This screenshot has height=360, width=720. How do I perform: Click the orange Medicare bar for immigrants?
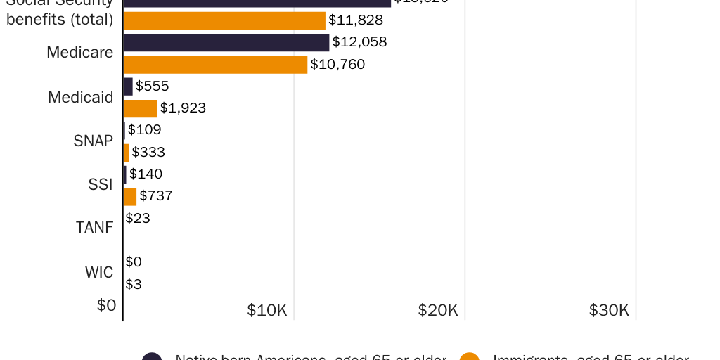click(x=215, y=65)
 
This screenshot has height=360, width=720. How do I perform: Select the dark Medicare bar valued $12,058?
click(x=226, y=42)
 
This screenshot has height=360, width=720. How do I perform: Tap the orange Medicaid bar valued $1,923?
click(x=140, y=108)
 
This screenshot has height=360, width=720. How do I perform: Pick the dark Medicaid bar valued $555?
click(x=128, y=86)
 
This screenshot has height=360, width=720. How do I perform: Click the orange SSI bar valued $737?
click(x=130, y=196)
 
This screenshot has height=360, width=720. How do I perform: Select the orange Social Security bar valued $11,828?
click(x=224, y=20)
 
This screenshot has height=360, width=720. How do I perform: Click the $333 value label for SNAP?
click(x=148, y=152)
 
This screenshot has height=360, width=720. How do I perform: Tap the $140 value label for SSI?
click(x=146, y=174)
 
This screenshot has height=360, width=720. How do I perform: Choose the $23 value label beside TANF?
click(x=138, y=218)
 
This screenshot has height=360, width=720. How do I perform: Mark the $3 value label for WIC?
click(x=134, y=284)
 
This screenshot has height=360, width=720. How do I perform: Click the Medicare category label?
click(x=79, y=52)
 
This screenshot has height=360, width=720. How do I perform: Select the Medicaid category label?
click(x=80, y=97)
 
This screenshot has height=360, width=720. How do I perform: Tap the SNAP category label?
click(x=93, y=141)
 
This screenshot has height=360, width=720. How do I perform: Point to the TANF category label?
click(x=94, y=228)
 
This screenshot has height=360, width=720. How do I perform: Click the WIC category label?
click(x=99, y=272)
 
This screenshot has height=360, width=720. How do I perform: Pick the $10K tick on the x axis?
click(x=267, y=310)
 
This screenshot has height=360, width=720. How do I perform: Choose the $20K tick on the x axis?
click(x=438, y=310)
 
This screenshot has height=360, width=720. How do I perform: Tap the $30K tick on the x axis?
click(x=609, y=310)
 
